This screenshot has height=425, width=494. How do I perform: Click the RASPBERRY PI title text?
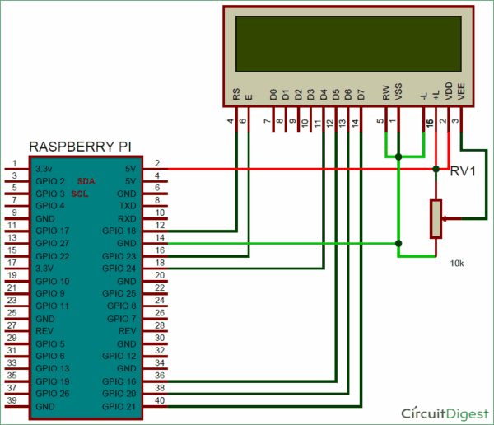point(84,147)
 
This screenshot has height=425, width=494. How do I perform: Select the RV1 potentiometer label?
point(464,172)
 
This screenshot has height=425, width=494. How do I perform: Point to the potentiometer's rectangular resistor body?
point(436,219)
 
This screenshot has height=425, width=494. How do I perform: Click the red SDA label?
point(86,180)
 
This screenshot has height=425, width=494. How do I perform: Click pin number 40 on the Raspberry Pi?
point(160,400)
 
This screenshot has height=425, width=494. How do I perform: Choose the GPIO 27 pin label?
point(51,243)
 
